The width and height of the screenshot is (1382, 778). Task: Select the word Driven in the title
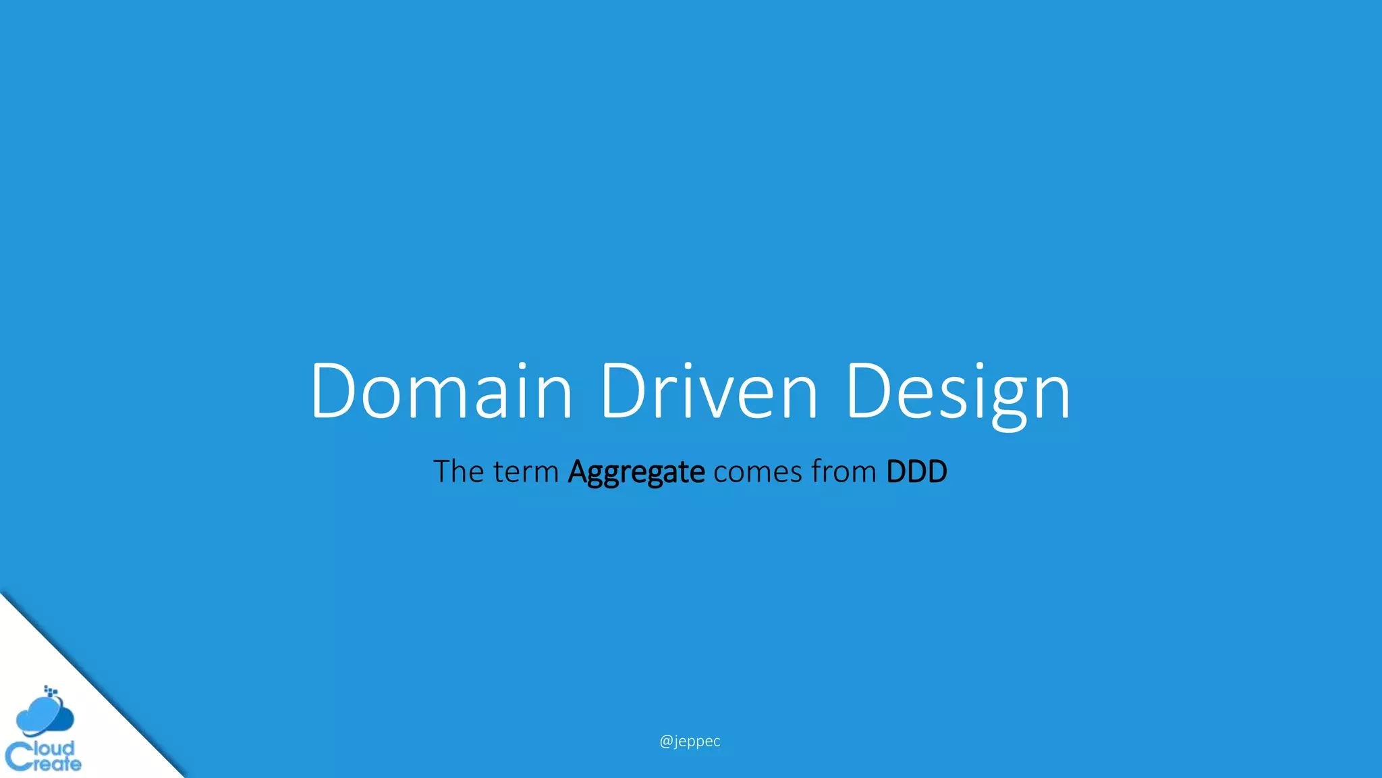[709, 392]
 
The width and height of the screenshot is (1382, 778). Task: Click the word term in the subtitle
[526, 472]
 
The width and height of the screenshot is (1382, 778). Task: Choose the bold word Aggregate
[636, 472]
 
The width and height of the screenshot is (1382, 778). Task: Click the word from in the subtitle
[844, 471]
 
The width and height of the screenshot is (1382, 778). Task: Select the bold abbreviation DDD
[916, 471]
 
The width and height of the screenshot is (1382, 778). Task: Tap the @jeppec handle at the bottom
[690, 741]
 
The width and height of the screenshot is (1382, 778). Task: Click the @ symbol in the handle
[665, 741]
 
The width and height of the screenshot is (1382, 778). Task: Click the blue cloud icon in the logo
[45, 717]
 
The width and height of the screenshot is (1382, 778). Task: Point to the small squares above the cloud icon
[51, 690]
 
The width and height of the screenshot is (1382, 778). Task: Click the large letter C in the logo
[18, 756]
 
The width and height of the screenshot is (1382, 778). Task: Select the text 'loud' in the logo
[54, 748]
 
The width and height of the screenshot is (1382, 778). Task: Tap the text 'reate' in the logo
[57, 764]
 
